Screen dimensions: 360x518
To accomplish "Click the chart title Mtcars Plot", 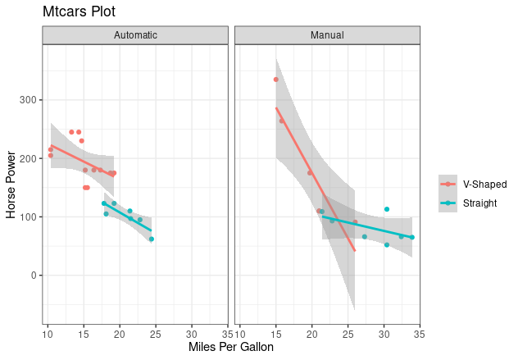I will point(79,12).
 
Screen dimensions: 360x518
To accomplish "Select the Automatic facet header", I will point(135,35).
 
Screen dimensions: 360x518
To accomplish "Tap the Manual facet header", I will point(327,35).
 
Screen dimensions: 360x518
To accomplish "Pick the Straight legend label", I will point(479,203).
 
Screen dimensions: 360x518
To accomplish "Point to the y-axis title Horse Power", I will point(11,184).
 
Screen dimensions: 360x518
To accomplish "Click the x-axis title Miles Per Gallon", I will point(231,348).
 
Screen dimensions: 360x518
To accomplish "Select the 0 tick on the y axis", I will point(35,276).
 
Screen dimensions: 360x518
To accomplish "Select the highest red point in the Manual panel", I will point(276,80).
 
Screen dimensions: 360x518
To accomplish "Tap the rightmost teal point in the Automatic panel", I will point(152,239).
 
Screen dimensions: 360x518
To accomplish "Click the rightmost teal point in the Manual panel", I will point(411,237).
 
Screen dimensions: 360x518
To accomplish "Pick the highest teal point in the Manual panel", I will point(387,209).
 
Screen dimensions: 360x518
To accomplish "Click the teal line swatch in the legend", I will point(448,203).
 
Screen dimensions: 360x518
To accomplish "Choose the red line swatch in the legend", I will point(448,184).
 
